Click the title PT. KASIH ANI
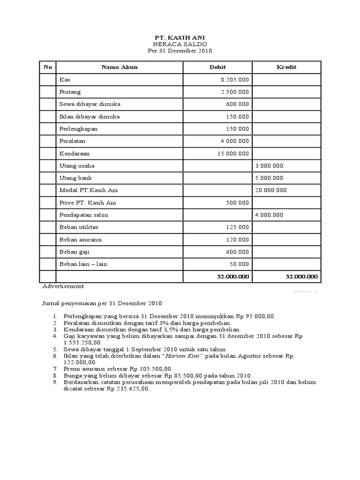(180, 37)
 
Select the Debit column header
(217, 67)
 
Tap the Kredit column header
(286, 67)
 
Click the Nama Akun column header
(120, 67)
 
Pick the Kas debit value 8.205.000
(235, 80)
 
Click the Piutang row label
(70, 92)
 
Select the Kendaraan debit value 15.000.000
(233, 153)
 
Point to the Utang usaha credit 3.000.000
(269, 166)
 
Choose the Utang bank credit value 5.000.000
(269, 178)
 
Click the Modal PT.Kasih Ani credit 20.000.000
(271, 190)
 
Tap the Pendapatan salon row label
(84, 215)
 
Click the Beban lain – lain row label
(83, 264)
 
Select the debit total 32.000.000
(233, 277)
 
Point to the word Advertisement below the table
(63, 286)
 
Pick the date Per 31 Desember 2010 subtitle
(180, 51)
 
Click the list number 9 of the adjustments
(54, 382)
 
